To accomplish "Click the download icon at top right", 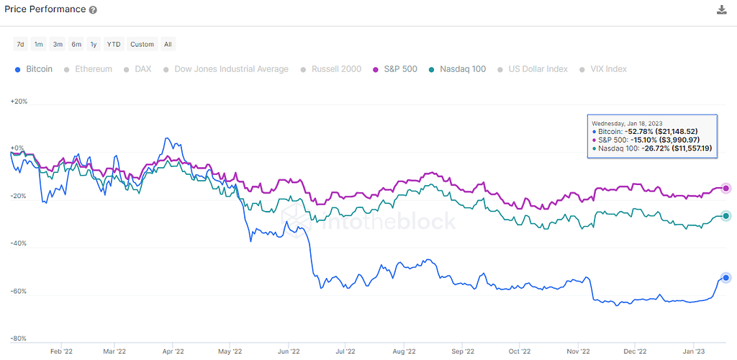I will [722, 9].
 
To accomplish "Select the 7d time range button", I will [20, 44].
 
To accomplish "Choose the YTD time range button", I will [114, 44].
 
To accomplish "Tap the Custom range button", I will [142, 44].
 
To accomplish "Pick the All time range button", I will [168, 44].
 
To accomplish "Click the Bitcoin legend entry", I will [33, 69].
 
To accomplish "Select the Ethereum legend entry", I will [89, 69].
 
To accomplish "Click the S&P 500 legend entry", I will [395, 69].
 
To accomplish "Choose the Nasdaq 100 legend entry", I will [457, 69].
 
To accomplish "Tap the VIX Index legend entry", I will [604, 69].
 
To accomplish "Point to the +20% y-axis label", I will [19, 102].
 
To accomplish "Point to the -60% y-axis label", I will [19, 292].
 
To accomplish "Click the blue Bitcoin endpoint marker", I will [725, 278].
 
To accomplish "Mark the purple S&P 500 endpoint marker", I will [725, 189].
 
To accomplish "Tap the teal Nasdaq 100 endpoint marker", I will [725, 216].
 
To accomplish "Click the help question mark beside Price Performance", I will [94, 10].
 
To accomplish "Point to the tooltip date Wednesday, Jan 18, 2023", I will [625, 122].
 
